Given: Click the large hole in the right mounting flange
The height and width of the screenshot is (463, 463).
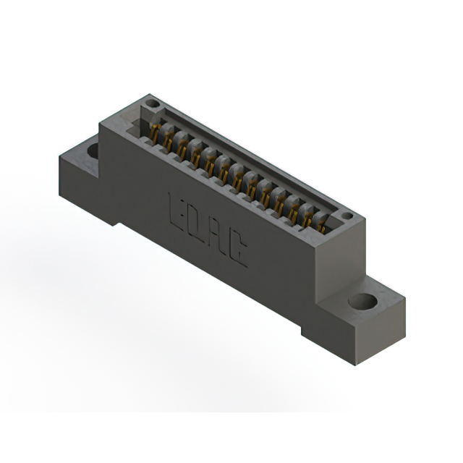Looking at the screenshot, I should (x=363, y=301).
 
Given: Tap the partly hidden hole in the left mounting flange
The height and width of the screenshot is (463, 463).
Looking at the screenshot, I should (x=93, y=151).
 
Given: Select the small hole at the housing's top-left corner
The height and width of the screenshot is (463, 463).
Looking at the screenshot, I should (x=152, y=104).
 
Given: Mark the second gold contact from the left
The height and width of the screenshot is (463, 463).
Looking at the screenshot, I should (x=169, y=142).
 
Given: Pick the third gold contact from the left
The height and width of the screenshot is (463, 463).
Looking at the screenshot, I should (x=182, y=149).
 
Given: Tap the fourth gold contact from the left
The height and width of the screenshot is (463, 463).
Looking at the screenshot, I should (x=196, y=156).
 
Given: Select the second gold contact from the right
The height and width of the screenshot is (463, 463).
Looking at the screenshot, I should (x=307, y=216).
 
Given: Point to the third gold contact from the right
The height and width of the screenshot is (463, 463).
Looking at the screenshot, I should (x=294, y=209).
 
